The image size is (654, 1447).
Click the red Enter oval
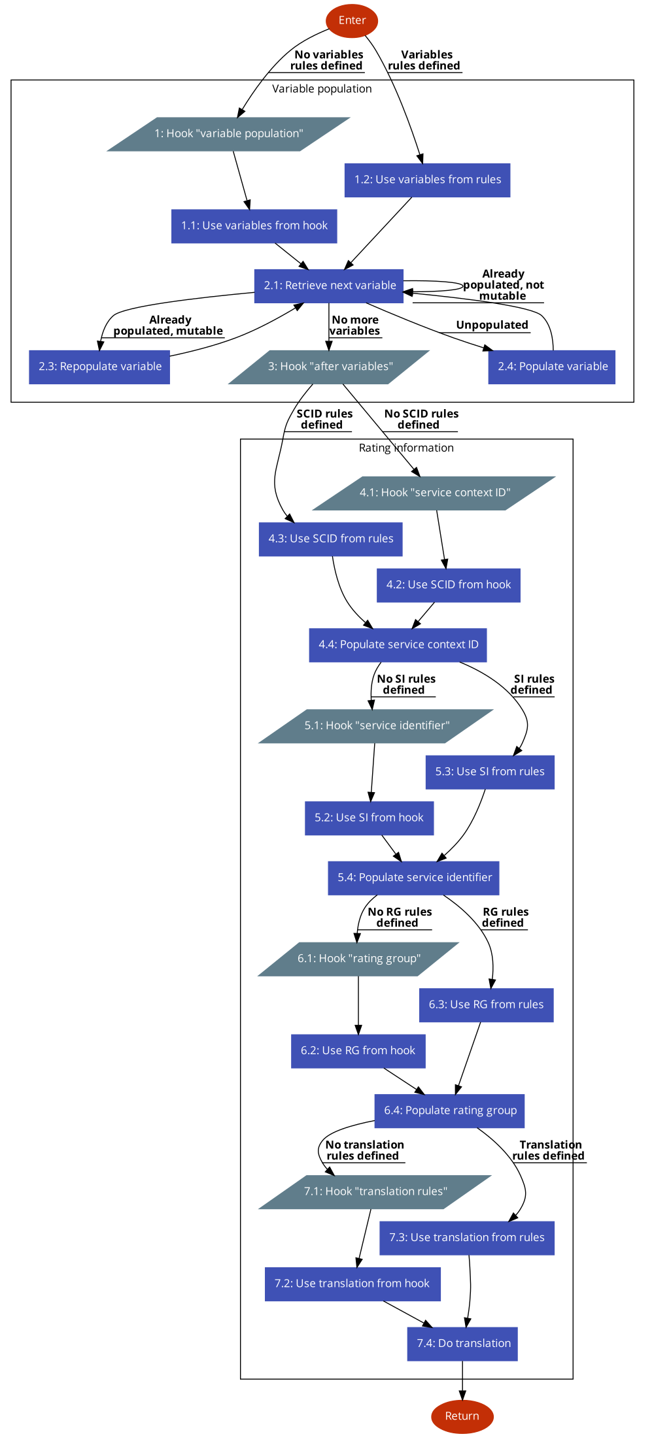pos(352,21)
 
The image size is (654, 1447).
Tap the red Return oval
pos(462,1416)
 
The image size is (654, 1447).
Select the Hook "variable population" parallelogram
pos(229,134)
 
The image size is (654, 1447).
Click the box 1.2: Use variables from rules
pos(427,180)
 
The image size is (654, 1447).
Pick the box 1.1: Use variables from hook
pos(254,226)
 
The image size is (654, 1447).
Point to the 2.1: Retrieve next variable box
pos(329,286)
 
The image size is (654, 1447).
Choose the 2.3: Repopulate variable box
pos(99,367)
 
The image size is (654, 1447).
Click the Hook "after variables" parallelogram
pos(330,367)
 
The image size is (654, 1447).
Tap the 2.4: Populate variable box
pos(552,367)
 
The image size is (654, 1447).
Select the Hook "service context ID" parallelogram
pos(434,493)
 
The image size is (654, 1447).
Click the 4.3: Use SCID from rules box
pos(330,539)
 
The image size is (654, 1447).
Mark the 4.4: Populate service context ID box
pos(398,645)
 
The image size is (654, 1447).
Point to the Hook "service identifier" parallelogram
pos(377,726)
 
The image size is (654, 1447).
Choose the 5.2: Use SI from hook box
pos(369,818)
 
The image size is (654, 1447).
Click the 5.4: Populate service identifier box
pos(413,878)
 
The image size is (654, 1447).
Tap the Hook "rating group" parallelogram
pos(358,959)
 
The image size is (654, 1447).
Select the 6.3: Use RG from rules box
pos(486,1005)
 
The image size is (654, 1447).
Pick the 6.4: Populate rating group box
pos(449,1111)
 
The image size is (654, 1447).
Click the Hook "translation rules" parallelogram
pos(375,1192)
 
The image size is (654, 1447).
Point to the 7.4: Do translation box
pos(462,1344)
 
